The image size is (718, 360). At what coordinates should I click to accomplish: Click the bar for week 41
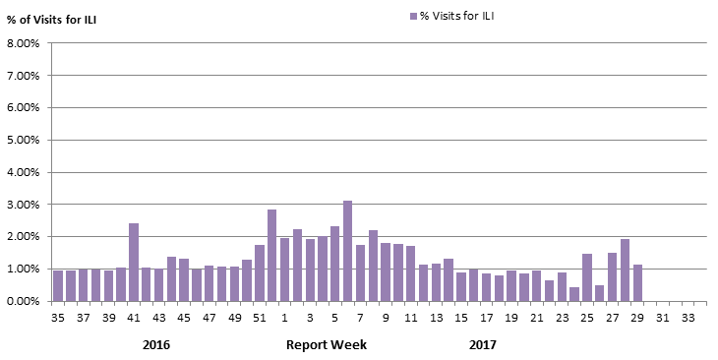134,263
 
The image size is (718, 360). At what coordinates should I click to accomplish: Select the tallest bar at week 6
347,251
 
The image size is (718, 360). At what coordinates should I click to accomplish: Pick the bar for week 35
58,286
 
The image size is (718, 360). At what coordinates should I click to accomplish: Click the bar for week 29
637,283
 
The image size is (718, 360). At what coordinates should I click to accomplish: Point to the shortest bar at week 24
574,294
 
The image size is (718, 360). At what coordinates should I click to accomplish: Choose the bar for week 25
587,277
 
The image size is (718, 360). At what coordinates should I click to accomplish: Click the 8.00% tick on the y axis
23,43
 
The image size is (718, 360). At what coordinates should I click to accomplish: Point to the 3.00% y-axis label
23,205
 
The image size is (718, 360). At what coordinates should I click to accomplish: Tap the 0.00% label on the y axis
23,301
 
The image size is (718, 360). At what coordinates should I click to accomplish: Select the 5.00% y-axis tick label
23,140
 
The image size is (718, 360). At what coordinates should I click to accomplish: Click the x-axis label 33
688,318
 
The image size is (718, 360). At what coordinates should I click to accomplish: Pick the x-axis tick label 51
259,318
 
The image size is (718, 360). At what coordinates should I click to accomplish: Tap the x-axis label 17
486,318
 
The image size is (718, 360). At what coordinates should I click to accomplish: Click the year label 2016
156,345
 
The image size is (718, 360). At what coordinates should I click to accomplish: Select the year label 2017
482,345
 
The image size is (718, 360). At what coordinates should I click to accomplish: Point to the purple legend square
411,16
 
